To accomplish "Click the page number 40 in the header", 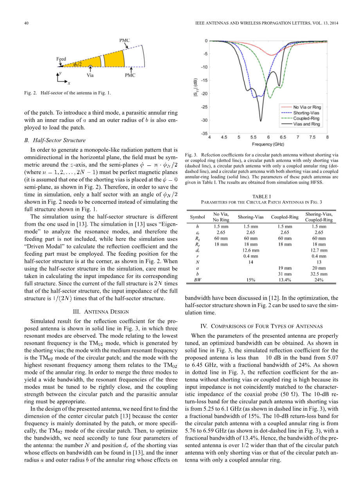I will [26, 24].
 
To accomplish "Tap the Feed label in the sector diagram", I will [61, 59].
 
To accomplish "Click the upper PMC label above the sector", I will [124, 40].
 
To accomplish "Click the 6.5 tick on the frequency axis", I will [283, 137].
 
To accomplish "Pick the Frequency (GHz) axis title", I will [268, 144].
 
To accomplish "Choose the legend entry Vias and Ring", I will [306, 124].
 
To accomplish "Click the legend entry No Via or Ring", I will [307, 107].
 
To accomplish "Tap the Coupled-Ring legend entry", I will [306, 118].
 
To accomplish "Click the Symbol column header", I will [197, 217].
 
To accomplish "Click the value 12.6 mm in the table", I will [251, 250].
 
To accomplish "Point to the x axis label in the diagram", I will [69, 83].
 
